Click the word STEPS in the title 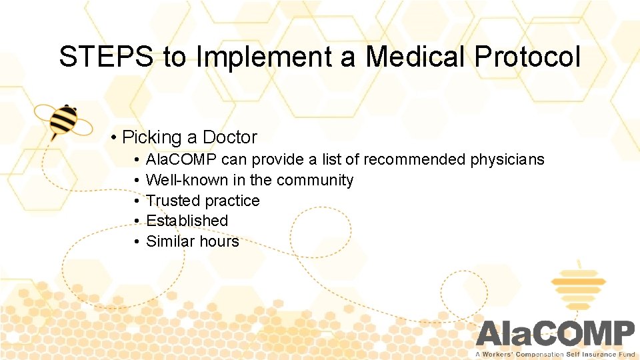click(107, 57)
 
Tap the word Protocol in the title click(527, 57)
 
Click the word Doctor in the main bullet click(229, 137)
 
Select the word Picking click(153, 137)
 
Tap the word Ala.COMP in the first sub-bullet click(181, 160)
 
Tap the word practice click(232, 201)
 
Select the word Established click(187, 221)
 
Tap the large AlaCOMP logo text click(555, 333)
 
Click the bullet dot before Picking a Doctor click(115, 138)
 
